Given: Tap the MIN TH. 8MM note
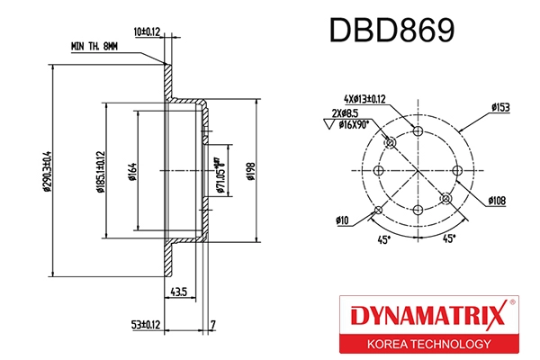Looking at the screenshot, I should coord(94,45).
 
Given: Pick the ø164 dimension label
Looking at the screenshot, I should coord(131,170).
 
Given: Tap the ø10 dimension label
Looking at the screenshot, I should coord(342,219).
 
